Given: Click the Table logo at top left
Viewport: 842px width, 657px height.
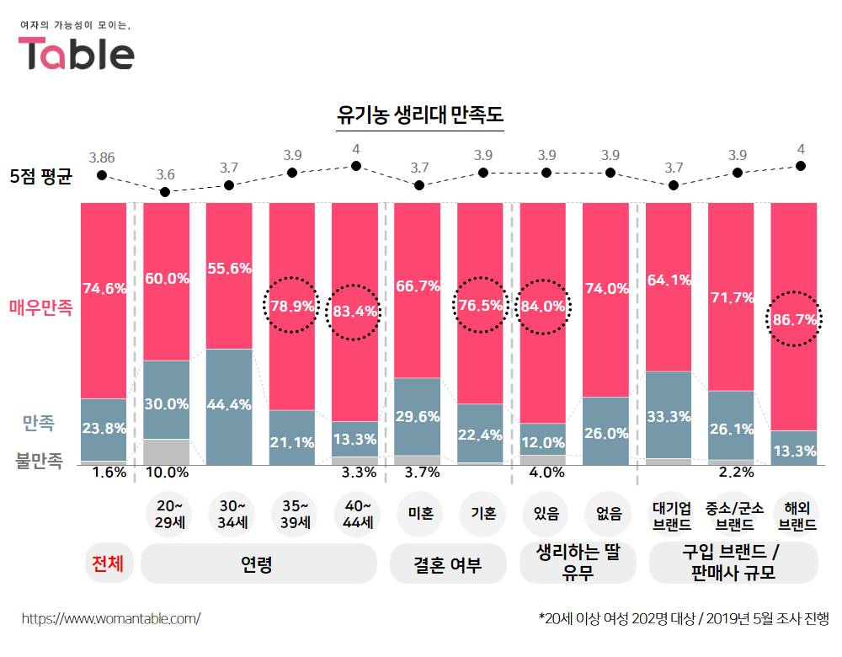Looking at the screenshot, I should coord(77,52).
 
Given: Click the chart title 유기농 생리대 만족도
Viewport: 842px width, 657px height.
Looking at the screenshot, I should coord(419,115).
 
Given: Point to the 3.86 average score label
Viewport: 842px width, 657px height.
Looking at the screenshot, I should coord(102,158).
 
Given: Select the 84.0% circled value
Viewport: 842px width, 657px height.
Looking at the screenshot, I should coord(543,307).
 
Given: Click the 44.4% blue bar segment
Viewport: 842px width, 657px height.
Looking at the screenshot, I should coord(229,404).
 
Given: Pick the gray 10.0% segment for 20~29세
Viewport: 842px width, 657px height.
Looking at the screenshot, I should coord(166,451).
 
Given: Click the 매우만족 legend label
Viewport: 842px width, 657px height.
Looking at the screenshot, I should coord(41,307).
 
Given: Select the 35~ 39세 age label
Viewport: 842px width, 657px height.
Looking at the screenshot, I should coord(291,514).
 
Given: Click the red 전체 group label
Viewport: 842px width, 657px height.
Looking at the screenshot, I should coord(108,564).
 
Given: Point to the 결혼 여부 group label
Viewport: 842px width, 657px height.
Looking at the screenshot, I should coord(447,564).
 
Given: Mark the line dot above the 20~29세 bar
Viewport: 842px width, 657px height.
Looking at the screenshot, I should coord(165,192).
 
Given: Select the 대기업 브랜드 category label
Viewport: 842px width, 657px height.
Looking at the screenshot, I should coord(672,514).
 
